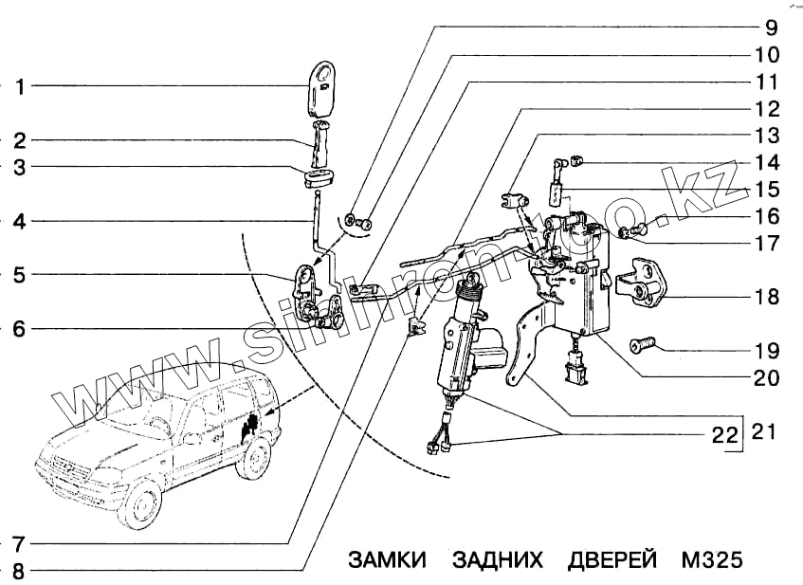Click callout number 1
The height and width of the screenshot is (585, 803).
tap(18, 86)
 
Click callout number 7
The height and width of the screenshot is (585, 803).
tap(18, 544)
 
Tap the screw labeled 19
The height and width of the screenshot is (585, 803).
tap(641, 344)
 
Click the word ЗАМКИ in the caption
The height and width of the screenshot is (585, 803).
tap(388, 559)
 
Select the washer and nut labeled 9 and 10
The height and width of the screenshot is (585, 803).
tap(358, 224)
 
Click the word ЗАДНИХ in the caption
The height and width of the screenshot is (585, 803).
tap(498, 559)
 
